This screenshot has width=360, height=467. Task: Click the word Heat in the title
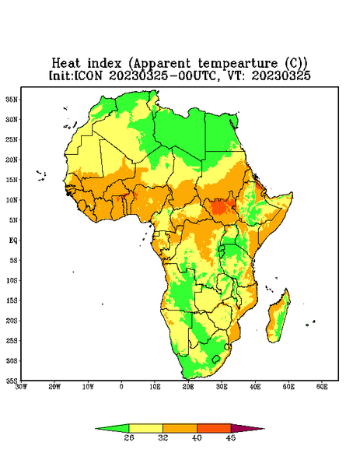click(66, 63)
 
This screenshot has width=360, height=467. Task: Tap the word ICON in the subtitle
click(88, 75)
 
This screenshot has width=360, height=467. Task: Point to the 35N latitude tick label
click(12, 99)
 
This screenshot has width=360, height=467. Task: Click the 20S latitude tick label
click(12, 321)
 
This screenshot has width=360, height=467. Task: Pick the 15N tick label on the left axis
click(12, 180)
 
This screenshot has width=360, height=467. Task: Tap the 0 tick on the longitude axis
click(121, 387)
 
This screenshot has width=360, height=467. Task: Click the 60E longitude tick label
click(322, 387)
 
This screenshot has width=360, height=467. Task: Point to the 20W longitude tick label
click(54, 387)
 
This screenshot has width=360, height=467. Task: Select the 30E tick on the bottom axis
click(222, 387)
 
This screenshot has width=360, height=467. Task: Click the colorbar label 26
click(129, 437)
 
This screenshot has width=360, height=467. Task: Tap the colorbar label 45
click(231, 437)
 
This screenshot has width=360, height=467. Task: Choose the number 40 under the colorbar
click(197, 437)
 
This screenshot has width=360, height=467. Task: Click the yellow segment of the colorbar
click(145, 428)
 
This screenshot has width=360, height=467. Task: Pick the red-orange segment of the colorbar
click(214, 428)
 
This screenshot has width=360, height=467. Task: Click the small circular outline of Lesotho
click(216, 359)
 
